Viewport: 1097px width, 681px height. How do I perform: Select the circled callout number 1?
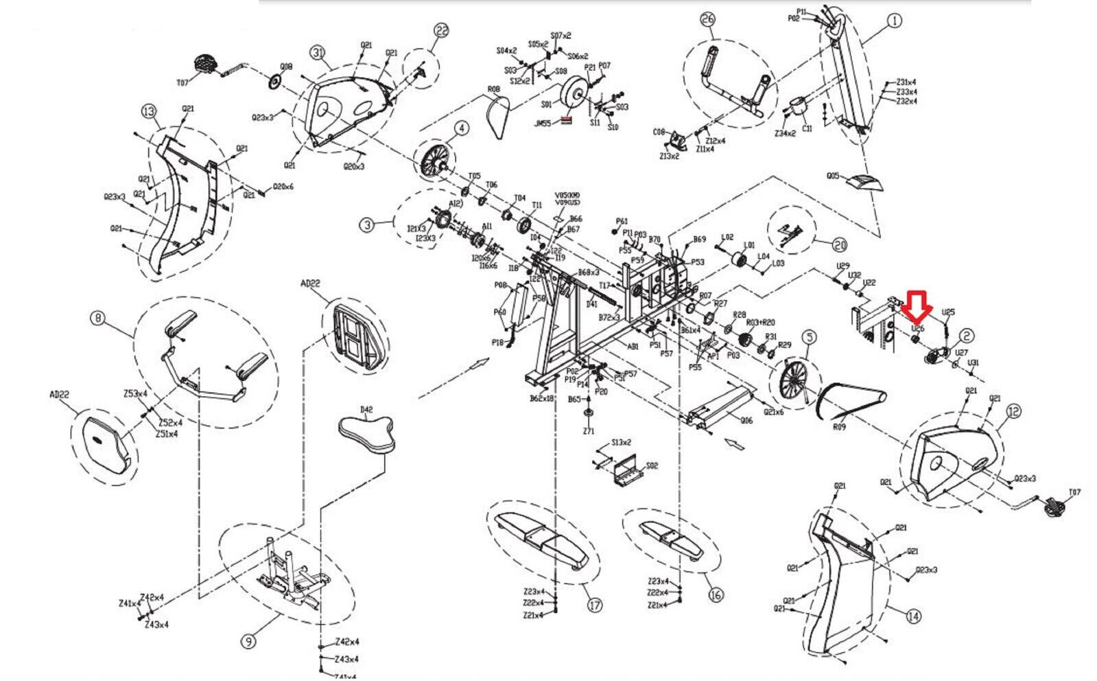point(894,21)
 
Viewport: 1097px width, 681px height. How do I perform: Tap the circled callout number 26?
point(708,39)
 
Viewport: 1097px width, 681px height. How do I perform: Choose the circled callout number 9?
point(248,642)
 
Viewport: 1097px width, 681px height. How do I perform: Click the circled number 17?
point(595,605)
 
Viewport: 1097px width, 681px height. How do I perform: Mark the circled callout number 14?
point(913,617)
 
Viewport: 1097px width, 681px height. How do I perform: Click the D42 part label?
point(366,409)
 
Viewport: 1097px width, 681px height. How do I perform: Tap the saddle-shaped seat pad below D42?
point(368,435)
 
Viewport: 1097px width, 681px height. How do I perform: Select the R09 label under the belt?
point(839,426)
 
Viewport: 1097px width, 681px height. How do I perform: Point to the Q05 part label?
point(833,176)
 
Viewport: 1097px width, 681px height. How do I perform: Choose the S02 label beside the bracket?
point(651,465)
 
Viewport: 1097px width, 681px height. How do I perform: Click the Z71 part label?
point(588,431)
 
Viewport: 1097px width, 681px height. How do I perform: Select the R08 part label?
point(493,89)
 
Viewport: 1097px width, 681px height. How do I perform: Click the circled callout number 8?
point(98,318)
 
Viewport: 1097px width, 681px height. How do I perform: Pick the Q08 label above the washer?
point(286,67)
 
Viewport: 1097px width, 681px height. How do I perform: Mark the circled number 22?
point(441,30)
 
